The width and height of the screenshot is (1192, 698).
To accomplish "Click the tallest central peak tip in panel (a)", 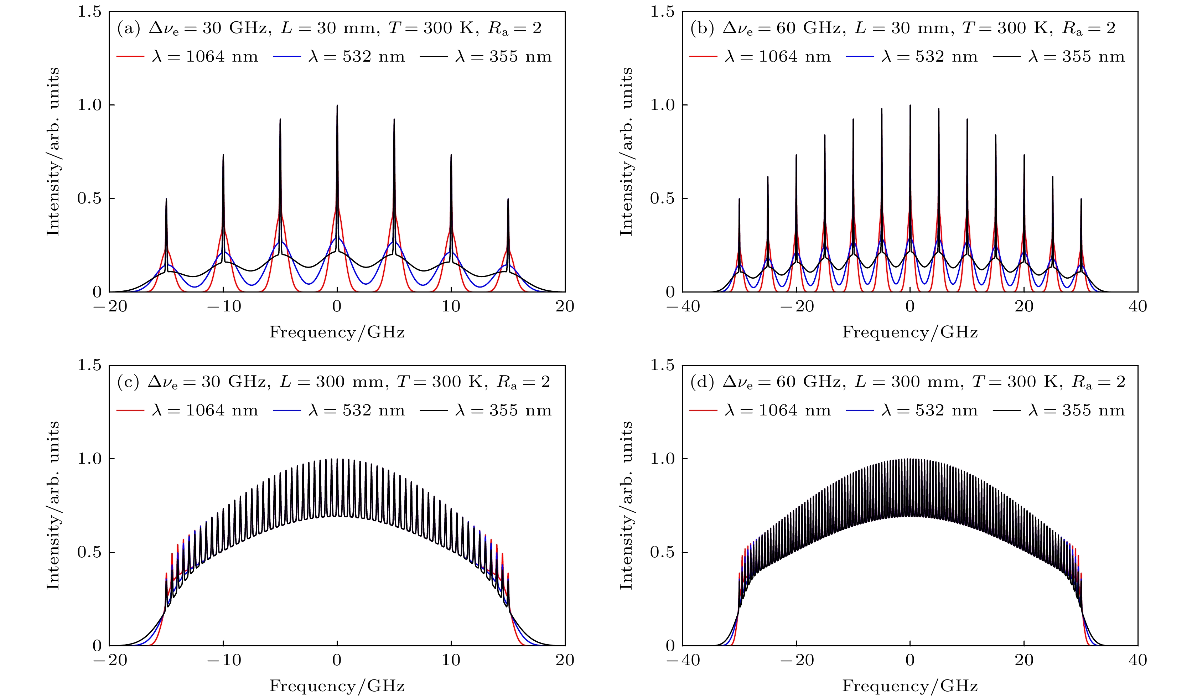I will coord(337,105).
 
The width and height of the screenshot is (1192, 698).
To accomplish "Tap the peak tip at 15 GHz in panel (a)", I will coord(508,199).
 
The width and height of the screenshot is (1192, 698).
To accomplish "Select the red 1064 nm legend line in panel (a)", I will coord(130,57).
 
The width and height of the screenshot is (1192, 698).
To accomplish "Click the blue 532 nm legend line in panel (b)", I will coord(860,57).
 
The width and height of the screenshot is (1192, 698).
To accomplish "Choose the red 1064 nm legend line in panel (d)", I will coord(703,410).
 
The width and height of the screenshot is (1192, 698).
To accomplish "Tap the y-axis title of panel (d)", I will coord(626,505).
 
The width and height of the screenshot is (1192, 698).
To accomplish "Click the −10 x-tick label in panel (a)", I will coord(224,307).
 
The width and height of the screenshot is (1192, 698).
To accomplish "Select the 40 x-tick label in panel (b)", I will coord(1137,307).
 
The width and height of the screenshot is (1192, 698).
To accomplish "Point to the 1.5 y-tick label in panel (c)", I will coord(89,365).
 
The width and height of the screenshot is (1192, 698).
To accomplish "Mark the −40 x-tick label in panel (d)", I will coord(683,660).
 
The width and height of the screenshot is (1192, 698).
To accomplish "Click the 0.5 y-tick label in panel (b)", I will coord(662,199).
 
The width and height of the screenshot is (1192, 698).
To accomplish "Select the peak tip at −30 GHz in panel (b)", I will coord(739,199).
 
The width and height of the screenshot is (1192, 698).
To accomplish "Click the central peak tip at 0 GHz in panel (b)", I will coord(910,105).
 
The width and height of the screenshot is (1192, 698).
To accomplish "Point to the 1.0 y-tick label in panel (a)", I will coord(89,105).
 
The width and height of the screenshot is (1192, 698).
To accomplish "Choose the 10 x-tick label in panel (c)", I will coord(451,660).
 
